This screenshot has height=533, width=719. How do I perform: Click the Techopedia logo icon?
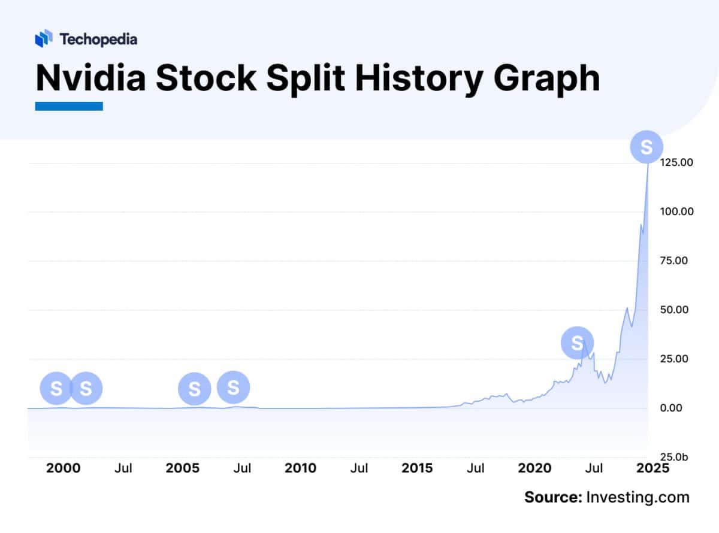click(x=44, y=39)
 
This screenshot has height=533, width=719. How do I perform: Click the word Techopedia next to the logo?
click(x=98, y=40)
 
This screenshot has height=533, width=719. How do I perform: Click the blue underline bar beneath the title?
click(x=69, y=106)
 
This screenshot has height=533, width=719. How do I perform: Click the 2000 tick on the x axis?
click(x=63, y=468)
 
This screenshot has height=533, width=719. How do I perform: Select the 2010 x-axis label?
click(x=300, y=468)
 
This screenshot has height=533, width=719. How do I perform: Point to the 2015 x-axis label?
click(x=416, y=468)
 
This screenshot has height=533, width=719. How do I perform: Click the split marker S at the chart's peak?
click(x=647, y=147)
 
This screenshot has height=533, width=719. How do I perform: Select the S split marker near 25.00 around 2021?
click(x=577, y=343)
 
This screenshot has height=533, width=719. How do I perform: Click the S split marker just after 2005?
click(x=194, y=389)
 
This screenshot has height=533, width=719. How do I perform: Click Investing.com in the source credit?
click(x=638, y=497)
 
